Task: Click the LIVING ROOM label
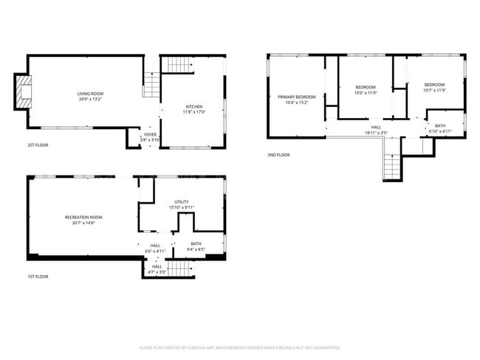[x=90, y=94]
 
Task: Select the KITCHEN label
[x=194, y=107]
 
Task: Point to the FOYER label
[x=150, y=134]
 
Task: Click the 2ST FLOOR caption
[x=37, y=145]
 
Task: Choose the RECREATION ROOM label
[x=83, y=217]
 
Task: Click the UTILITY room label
[x=182, y=201]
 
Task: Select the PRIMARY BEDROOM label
[x=296, y=97]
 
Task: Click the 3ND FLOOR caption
[x=278, y=155]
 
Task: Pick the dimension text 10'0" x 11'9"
[x=365, y=93]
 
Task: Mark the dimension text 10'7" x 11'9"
[x=434, y=90]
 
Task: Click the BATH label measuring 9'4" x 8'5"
[x=196, y=243]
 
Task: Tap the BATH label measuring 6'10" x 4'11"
[x=440, y=125]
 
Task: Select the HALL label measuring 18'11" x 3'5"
[x=376, y=128]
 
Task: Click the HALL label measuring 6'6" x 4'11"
[x=155, y=246]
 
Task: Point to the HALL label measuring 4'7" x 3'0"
[x=157, y=266]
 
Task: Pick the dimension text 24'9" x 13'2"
[x=90, y=100]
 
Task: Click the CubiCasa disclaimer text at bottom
[x=239, y=347]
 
